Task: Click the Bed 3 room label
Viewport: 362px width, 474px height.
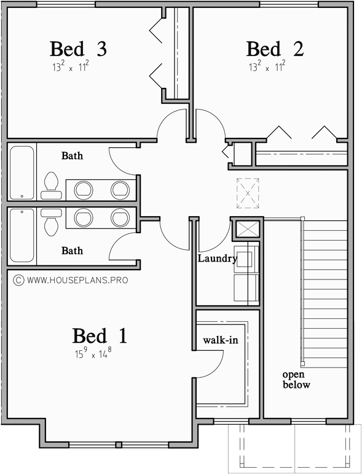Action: pos(78,49)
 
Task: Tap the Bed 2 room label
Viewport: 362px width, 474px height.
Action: pos(275,49)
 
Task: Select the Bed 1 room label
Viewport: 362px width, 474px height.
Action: pos(100,336)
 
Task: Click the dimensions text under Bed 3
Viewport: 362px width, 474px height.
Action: pos(71,66)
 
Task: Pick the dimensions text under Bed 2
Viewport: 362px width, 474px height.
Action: pos(267,66)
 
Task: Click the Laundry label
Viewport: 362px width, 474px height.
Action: pos(217,259)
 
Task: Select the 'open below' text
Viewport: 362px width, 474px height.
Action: pos(296,379)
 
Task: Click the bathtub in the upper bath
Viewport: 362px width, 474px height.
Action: pos(22,172)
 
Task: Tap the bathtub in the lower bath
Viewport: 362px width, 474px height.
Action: pos(22,236)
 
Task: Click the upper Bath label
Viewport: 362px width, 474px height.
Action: pos(72,156)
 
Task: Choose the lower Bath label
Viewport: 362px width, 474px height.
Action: pos(72,251)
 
